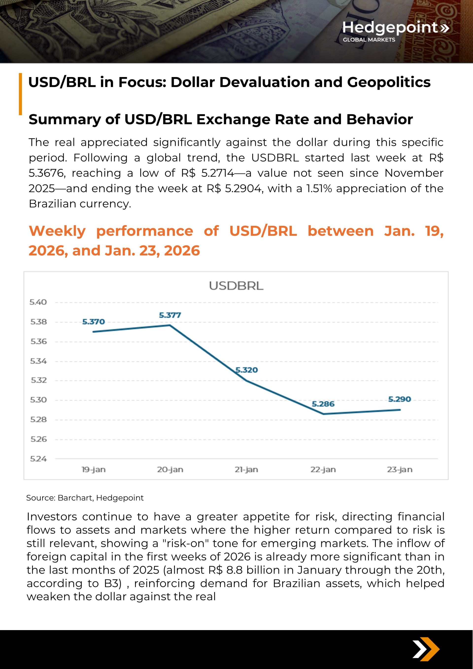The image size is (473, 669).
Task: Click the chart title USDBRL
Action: (236, 286)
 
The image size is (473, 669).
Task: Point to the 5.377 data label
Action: (170, 315)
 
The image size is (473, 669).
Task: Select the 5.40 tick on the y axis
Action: (38, 302)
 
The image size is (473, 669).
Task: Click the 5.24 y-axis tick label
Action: (38, 459)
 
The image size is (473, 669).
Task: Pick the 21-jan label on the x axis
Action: (246, 470)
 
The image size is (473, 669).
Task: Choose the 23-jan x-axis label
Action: (400, 470)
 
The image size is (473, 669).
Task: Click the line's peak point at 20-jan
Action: (170, 325)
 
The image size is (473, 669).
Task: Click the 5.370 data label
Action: (93, 322)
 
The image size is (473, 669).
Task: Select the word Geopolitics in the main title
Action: (389, 82)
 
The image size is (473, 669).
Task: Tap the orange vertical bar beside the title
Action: (20, 94)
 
